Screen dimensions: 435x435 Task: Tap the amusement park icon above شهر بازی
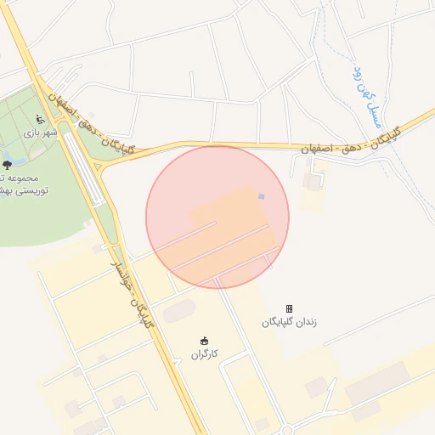[x=40, y=119]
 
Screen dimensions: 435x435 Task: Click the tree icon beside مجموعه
[x=8, y=165]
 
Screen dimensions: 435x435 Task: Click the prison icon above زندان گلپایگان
[x=289, y=308]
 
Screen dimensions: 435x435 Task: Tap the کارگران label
[x=204, y=353]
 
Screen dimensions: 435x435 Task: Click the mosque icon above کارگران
[x=204, y=340]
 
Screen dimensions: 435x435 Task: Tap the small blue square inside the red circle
[x=262, y=197]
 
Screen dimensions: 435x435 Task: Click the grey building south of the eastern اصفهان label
[x=313, y=181]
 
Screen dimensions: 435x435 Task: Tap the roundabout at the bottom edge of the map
[x=286, y=430]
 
